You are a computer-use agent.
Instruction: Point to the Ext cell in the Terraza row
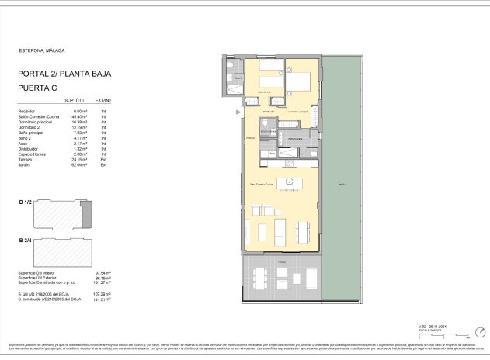click(103, 160)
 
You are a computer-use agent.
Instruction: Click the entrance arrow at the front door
click(239, 113)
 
